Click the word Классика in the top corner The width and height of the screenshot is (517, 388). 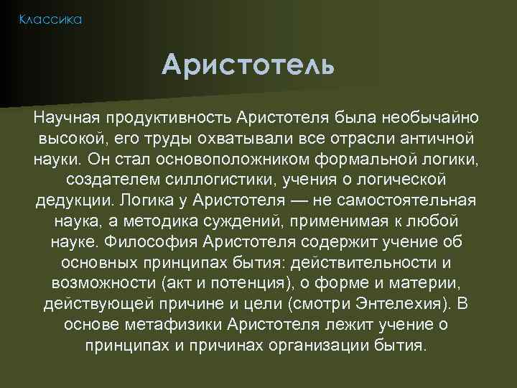(51, 19)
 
